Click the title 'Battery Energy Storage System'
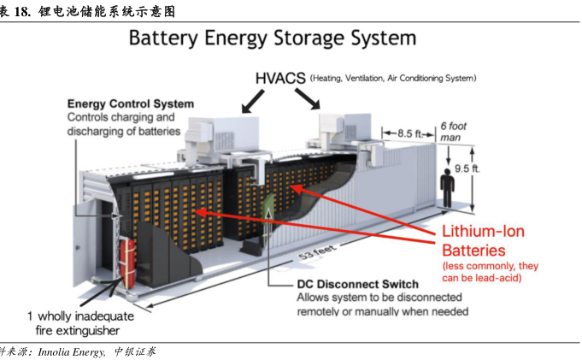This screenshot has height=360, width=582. pos(272,39)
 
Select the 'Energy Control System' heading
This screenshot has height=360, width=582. pos(130,104)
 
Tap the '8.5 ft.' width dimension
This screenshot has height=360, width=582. pos(409,133)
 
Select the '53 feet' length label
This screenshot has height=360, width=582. pos(316,251)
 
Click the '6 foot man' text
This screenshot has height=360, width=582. pos(454,131)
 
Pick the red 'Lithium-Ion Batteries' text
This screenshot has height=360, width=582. pos(483,240)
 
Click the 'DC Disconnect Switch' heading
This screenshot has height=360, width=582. pos(356,284)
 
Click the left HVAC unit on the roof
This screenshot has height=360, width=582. pos(209,129)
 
